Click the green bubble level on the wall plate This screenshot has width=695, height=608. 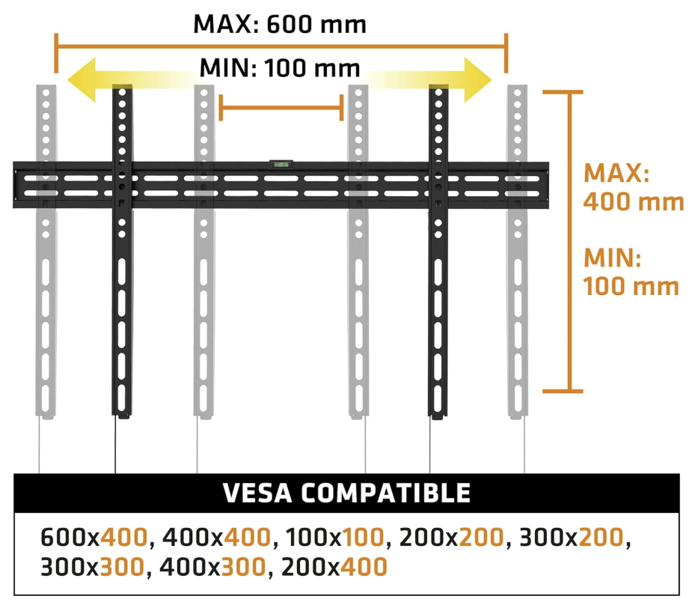(280, 162)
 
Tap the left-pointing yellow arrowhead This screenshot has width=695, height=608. (83, 79)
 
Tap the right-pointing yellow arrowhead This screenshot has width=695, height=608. (474, 79)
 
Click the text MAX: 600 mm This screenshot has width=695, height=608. (280, 24)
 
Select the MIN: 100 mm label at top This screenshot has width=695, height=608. (280, 69)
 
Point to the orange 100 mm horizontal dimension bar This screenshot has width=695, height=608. (281, 108)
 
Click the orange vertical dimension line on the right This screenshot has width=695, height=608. (572, 241)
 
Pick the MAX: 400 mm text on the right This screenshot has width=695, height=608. (633, 187)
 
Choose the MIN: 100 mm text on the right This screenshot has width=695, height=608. (630, 273)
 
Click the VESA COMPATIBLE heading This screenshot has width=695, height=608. (346, 493)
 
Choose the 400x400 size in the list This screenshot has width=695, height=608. (215, 538)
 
